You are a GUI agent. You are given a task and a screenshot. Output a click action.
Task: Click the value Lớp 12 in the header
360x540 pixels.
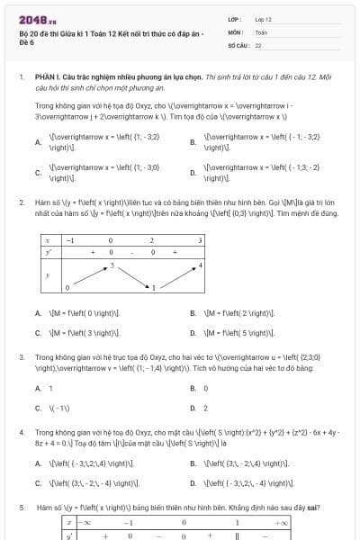(263, 19)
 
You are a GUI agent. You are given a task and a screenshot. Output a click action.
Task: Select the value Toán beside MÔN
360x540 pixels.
(261, 31)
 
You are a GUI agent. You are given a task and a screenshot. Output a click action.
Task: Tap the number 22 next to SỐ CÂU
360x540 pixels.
(258, 44)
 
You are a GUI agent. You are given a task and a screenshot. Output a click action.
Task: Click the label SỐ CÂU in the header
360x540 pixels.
(237, 44)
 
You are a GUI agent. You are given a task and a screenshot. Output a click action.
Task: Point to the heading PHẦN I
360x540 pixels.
(47, 78)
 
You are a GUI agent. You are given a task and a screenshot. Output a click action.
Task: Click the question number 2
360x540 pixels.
(21, 202)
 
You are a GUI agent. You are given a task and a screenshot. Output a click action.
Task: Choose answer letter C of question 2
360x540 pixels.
(38, 332)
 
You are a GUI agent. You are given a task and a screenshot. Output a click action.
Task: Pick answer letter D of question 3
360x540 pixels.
(193, 408)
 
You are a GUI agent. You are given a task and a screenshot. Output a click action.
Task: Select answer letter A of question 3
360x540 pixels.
(38, 388)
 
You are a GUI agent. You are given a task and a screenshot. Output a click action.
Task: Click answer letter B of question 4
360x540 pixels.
(193, 463)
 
